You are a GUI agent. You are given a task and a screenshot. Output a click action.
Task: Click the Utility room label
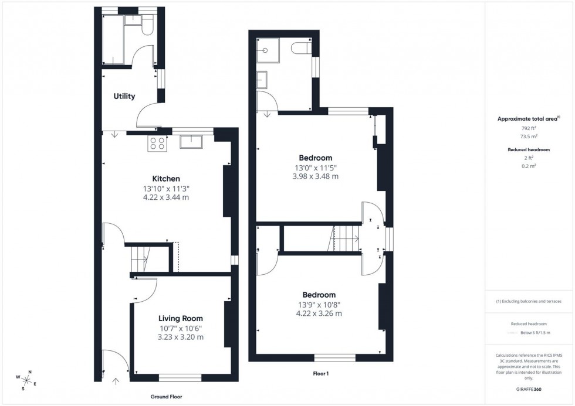tap(124, 96)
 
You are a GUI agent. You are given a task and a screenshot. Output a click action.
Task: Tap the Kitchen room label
tap(166, 179)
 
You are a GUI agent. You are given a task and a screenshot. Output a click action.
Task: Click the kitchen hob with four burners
tap(157, 142)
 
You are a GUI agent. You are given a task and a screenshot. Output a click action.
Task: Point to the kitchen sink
tap(191, 141)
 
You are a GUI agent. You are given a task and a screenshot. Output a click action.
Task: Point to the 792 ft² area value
tap(529, 127)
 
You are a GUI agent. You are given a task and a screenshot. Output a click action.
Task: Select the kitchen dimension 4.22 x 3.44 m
tap(166, 197)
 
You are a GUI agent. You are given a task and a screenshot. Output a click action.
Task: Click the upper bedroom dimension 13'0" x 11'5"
tap(316, 168)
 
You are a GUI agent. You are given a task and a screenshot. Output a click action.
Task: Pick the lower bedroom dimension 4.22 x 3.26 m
tap(319, 313)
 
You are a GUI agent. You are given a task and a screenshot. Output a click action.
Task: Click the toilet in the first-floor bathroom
tap(303, 47)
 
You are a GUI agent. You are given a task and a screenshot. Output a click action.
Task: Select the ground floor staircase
tap(140, 258)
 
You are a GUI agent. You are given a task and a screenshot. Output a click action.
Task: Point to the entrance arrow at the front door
tap(116, 381)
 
